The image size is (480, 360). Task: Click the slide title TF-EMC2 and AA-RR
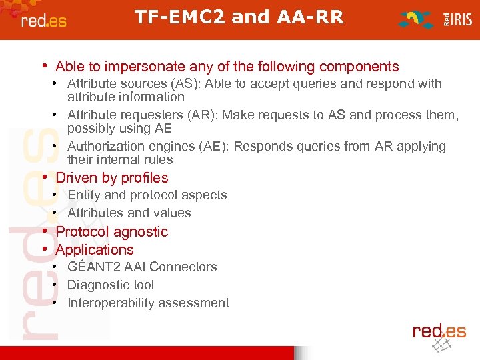click(x=239, y=17)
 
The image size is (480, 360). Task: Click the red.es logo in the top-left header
click(x=44, y=21)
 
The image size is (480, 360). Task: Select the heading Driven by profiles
click(x=112, y=178)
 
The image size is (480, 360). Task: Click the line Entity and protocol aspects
click(x=147, y=195)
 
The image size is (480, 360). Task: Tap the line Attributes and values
click(x=129, y=213)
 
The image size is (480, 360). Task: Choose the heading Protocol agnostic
click(x=112, y=232)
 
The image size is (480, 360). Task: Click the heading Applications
click(x=95, y=250)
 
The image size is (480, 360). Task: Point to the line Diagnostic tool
click(x=110, y=285)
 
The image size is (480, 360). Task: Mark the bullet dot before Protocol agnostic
click(x=44, y=231)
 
